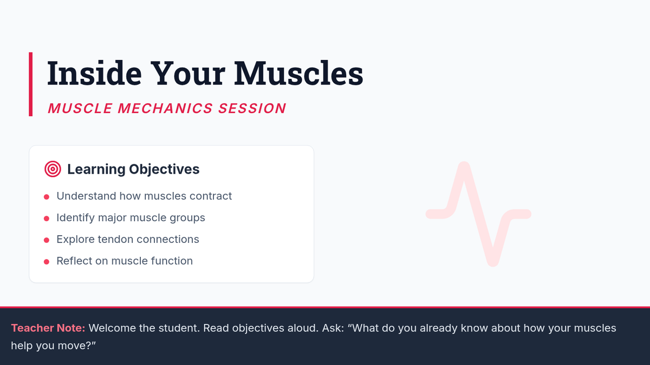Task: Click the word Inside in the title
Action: tap(95, 73)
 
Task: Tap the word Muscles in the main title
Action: tap(298, 73)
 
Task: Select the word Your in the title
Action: tap(188, 73)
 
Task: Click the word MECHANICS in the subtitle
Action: tap(165, 108)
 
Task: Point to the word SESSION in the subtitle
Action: tap(252, 108)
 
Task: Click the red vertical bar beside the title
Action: tap(30, 84)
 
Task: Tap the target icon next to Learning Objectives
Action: tap(53, 169)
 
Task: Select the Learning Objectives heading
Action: tap(133, 169)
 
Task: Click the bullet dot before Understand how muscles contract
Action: tap(47, 197)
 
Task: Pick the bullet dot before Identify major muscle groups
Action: tap(47, 218)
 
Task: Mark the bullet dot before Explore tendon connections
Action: tap(47, 240)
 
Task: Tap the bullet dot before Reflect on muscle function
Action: tap(47, 262)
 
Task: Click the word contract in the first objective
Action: tap(211, 196)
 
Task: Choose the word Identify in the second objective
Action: tap(75, 217)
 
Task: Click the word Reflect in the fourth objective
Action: tap(74, 261)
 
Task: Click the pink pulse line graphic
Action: tap(478, 214)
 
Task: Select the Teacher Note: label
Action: tap(48, 328)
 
